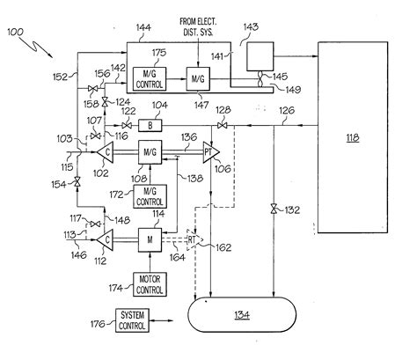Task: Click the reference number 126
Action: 288,111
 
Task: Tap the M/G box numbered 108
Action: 149,151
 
